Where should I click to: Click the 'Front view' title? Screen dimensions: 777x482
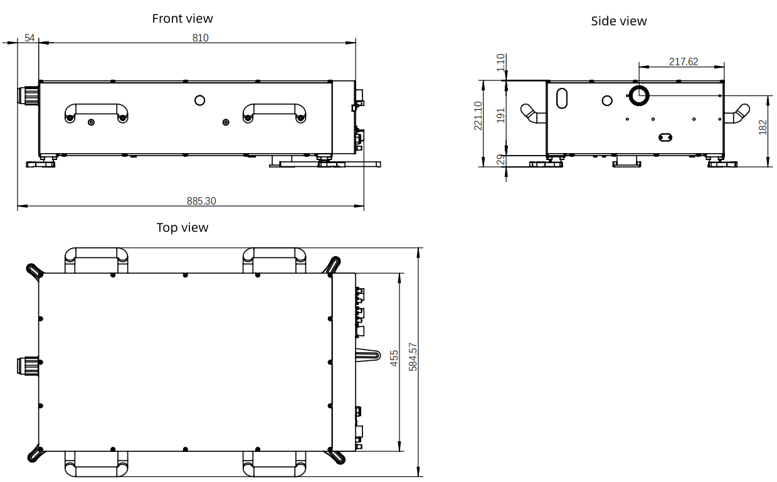coord(182,19)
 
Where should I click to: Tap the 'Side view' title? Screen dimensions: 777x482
coord(619,21)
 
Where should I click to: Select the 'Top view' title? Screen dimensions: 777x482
coord(182,228)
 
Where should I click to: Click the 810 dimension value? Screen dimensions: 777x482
coord(201,38)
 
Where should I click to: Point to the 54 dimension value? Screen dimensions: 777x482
coord(29,38)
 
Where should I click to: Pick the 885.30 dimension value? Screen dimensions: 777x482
coord(201,201)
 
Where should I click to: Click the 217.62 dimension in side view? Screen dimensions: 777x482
coord(684,62)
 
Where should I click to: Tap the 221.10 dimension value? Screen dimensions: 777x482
coord(478,115)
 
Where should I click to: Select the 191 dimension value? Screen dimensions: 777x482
coord(500,115)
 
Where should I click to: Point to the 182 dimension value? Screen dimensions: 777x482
coord(763,127)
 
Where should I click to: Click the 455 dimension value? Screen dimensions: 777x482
coord(394,358)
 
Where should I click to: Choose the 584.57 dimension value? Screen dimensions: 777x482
coord(413,357)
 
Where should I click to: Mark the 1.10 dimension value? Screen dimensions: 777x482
coord(500,63)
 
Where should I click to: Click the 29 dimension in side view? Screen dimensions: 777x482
coord(500,160)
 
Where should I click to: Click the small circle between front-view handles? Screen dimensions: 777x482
coord(200,100)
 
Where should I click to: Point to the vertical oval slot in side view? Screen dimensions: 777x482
coord(562,99)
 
